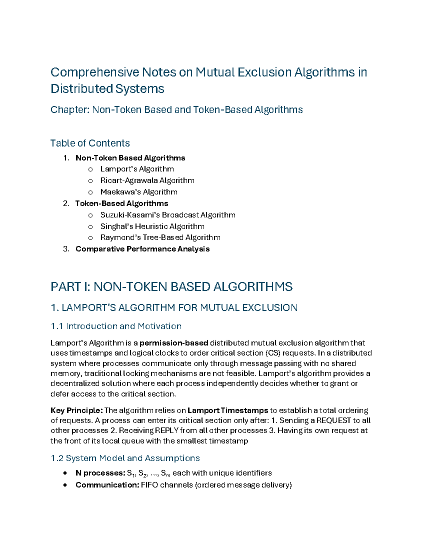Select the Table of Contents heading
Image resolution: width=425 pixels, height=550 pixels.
pos(90,143)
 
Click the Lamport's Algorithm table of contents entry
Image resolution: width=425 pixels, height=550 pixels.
pos(137,169)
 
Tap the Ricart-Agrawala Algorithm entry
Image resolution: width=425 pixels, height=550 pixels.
pos(147,181)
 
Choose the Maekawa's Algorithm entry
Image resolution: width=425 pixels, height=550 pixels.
pos(139,192)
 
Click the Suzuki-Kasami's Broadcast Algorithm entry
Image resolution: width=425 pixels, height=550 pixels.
pos(168,215)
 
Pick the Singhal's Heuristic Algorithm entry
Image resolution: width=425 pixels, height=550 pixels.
pos(152,226)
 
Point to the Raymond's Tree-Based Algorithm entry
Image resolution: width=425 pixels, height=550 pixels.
pos(160,238)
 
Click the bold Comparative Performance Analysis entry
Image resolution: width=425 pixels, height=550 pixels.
pos(142,249)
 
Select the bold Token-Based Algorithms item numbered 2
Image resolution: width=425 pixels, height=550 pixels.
pos(121,204)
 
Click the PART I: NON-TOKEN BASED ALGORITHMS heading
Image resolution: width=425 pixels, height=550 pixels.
pos(171,287)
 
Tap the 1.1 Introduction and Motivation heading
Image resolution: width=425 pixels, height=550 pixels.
pos(116,326)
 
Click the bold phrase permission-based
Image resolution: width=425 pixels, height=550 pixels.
pos(174,343)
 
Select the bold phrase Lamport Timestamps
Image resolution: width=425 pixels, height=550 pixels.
pos(228,410)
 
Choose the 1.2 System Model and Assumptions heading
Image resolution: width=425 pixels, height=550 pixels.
pos(125,458)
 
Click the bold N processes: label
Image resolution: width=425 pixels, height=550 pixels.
pos(100,473)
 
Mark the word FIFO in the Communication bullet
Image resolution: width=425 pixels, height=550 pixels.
pos(149,485)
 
